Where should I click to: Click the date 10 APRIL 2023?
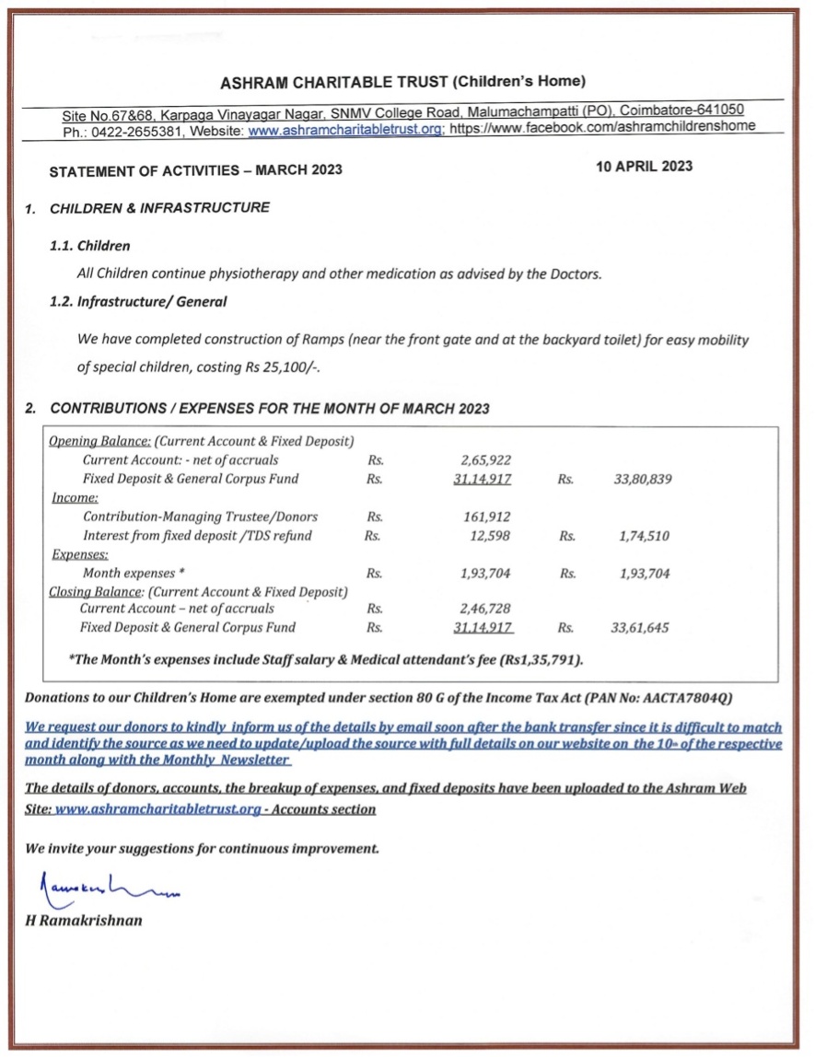(x=644, y=167)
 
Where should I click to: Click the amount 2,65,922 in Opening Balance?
(x=486, y=459)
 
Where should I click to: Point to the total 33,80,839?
(x=642, y=479)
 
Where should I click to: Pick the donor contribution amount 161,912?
(x=487, y=517)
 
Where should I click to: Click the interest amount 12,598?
(x=491, y=535)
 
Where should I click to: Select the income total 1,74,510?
(x=644, y=535)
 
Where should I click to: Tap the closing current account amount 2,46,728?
(x=485, y=609)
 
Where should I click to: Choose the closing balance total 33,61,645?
(x=640, y=628)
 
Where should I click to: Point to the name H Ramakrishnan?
(x=85, y=920)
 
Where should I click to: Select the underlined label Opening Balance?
(x=99, y=441)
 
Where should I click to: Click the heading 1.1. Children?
(x=90, y=246)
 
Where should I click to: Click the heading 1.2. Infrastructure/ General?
(x=138, y=301)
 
